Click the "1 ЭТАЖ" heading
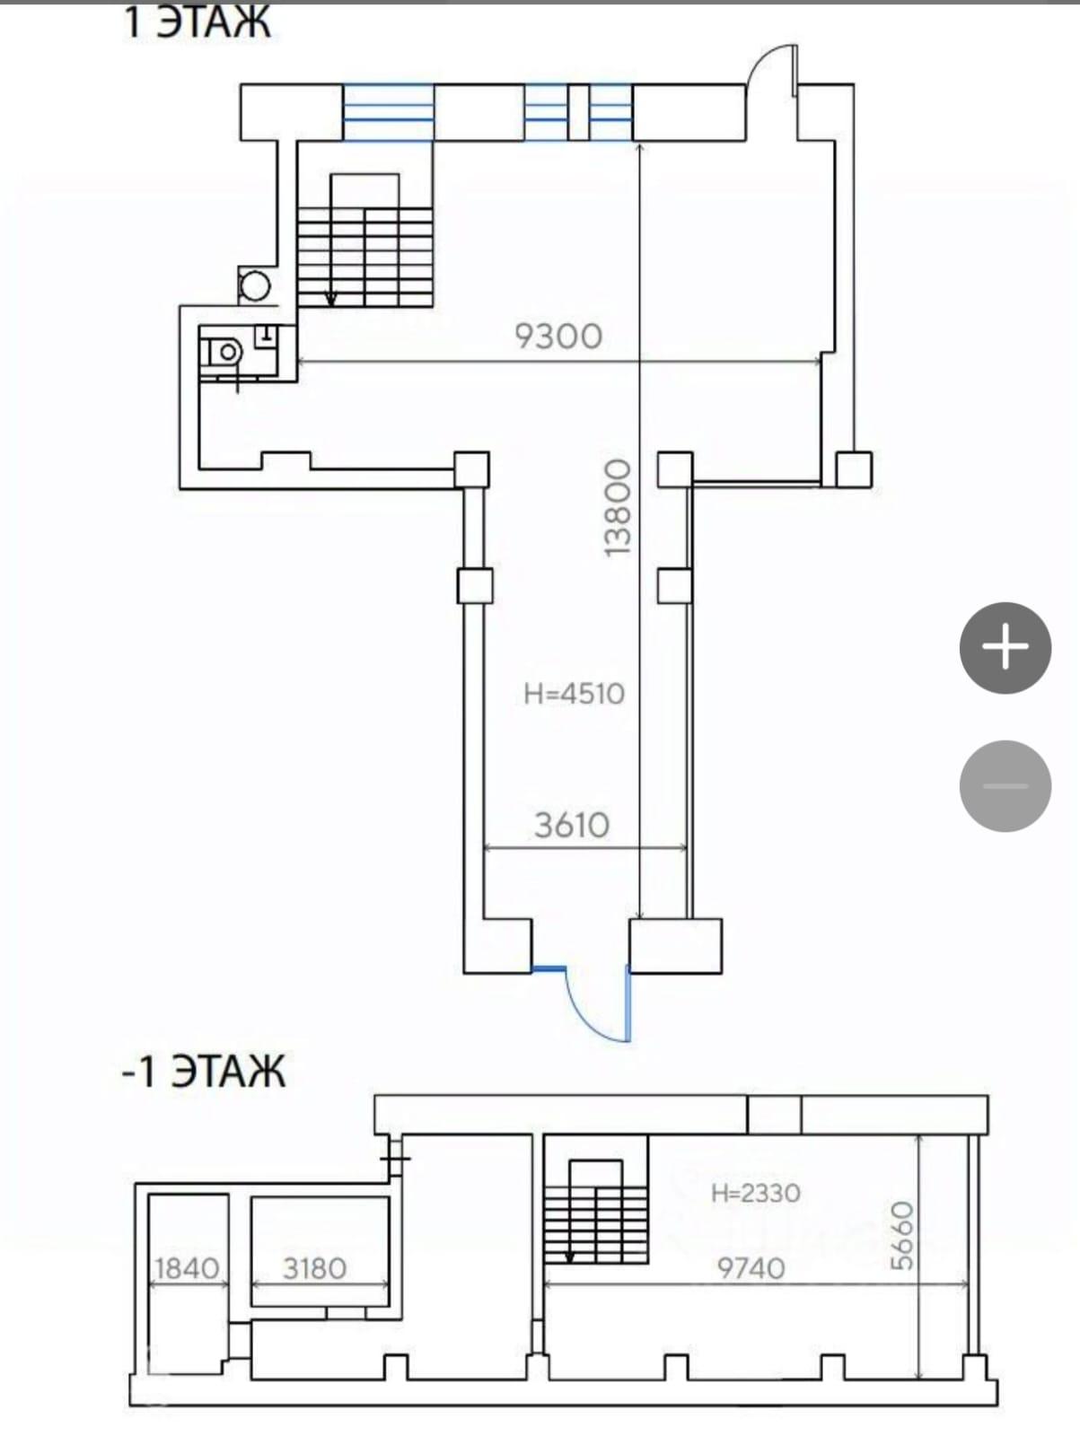click(x=197, y=22)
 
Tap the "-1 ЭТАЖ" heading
click(x=204, y=1073)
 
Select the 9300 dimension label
click(x=558, y=337)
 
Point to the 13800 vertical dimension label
click(x=618, y=508)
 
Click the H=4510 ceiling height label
click(x=575, y=694)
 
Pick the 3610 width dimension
click(x=572, y=825)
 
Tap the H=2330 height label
click(x=756, y=1194)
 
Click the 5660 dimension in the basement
click(x=903, y=1236)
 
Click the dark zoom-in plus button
click(x=1005, y=648)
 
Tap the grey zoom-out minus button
click(x=1005, y=785)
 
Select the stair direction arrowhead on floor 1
click(x=331, y=299)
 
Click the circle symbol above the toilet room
click(x=255, y=285)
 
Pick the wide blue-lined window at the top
click(x=389, y=112)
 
